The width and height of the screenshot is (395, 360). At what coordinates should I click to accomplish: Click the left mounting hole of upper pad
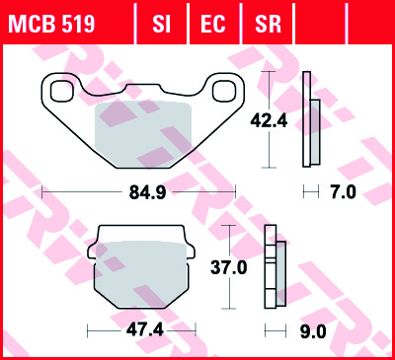coord(60,92)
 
